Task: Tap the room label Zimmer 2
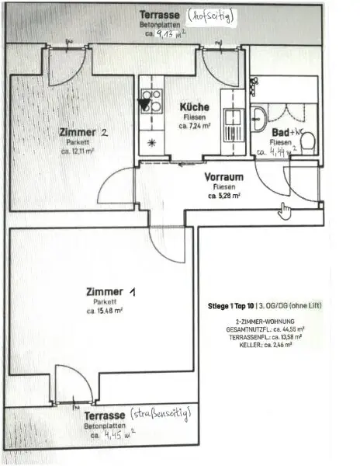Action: point(83,132)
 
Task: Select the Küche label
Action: point(192,106)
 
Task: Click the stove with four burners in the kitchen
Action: point(151,101)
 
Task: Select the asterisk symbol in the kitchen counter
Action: point(151,142)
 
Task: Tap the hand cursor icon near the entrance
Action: point(285,210)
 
